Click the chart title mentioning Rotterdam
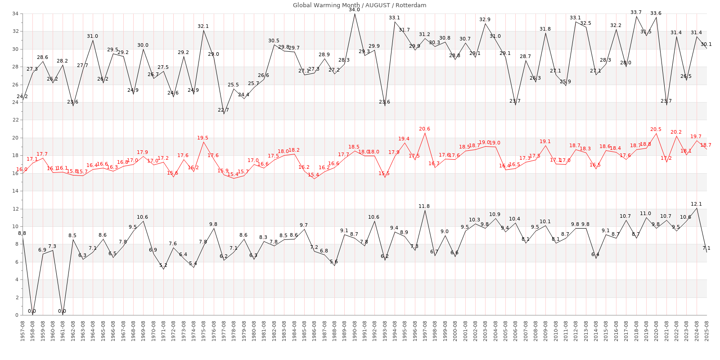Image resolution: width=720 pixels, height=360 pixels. point(360,5)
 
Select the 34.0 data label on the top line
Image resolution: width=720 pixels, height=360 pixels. point(355,9)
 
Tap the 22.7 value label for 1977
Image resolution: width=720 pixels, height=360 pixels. point(224,110)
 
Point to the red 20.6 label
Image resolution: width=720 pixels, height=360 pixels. point(424,129)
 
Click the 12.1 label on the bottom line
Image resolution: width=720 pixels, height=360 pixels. point(696,204)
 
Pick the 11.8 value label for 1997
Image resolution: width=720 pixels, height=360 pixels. point(424,206)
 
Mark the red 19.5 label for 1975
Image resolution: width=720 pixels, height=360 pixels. point(203,138)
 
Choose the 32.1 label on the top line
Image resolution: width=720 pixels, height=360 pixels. point(203,27)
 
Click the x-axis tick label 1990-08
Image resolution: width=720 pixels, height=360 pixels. point(355,330)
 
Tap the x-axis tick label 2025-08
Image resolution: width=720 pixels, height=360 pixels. point(706,330)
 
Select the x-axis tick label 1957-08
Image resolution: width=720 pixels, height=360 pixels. point(22,330)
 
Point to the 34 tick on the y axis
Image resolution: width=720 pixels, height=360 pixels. point(15,13)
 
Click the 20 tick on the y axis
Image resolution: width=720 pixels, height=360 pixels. point(15,138)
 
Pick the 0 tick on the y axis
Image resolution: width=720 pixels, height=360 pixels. point(16,315)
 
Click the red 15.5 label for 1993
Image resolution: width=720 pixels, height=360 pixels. point(384,173)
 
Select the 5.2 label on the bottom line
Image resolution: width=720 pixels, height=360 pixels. point(163,265)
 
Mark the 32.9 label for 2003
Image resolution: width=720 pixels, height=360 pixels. point(485,19)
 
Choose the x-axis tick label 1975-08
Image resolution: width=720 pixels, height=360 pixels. point(203,330)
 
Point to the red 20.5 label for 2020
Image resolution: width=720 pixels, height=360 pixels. point(656,129)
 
